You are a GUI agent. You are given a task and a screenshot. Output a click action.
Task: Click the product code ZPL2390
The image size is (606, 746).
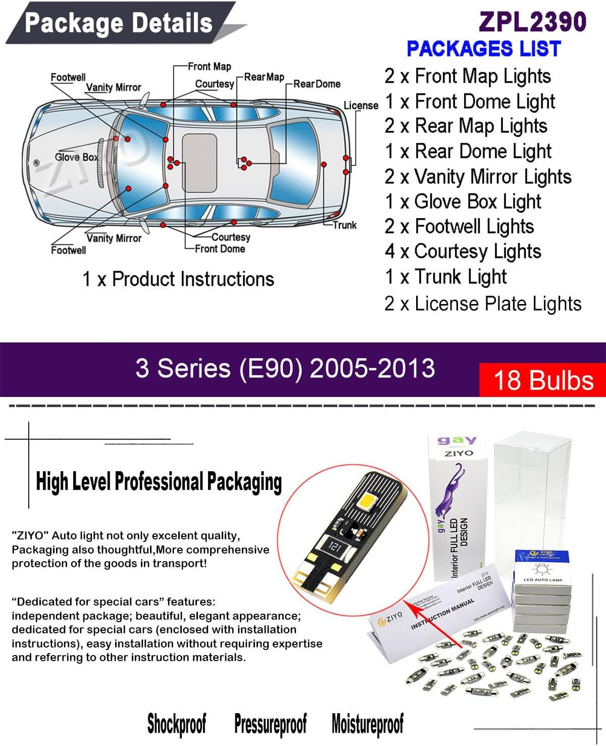(532, 22)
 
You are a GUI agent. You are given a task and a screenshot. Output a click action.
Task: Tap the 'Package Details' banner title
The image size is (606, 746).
(119, 23)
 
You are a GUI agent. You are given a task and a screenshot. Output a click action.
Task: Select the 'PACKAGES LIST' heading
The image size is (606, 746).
(483, 48)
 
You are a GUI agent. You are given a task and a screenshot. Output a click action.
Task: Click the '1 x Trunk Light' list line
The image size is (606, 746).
(445, 277)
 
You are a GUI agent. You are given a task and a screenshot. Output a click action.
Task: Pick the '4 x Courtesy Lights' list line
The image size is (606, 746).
(463, 252)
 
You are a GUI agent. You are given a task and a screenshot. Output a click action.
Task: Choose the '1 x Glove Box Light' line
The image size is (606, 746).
(463, 202)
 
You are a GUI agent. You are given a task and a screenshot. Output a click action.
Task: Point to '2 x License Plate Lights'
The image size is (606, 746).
(483, 304)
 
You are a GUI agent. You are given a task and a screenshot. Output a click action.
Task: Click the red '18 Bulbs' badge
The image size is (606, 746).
(543, 380)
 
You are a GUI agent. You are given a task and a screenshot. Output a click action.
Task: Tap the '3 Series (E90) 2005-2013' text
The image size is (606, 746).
(285, 368)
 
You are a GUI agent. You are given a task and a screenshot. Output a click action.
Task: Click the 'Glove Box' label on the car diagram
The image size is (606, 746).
(76, 157)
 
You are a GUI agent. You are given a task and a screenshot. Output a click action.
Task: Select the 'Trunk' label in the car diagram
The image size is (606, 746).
(344, 225)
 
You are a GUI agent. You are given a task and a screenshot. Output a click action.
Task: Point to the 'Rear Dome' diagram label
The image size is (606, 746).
(317, 84)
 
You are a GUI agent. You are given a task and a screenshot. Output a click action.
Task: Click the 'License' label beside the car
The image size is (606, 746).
(361, 106)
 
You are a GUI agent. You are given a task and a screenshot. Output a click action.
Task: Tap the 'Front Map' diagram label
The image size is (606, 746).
(209, 67)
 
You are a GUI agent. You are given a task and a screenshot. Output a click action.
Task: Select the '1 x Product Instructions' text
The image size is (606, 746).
(178, 279)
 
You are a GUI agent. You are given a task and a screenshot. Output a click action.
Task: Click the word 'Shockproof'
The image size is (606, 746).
(177, 723)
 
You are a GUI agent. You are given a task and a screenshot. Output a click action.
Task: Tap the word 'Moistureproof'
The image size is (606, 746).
(367, 723)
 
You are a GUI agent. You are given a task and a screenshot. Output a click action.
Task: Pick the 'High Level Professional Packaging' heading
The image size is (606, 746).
(159, 481)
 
